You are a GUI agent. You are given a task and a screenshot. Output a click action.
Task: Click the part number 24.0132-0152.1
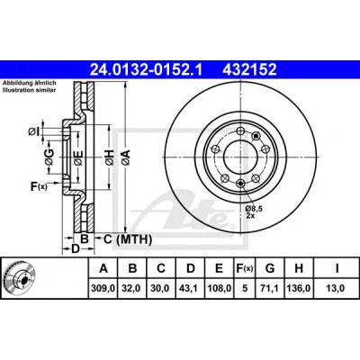[146, 69]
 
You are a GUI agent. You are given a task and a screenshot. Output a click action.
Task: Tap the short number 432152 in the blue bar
[249, 69]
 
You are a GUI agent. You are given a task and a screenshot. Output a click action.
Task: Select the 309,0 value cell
[103, 289]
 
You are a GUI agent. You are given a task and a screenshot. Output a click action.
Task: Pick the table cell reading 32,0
[132, 289]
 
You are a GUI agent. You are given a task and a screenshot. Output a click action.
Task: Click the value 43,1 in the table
[191, 289]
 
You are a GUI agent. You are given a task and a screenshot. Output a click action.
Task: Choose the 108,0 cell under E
[220, 289]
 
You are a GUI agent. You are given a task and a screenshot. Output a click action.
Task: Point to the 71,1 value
[270, 289]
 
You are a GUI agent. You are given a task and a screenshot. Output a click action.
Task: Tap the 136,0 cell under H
[299, 289]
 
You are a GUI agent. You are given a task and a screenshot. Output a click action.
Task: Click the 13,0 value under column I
[337, 289]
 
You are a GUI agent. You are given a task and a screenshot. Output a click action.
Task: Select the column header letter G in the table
[270, 268]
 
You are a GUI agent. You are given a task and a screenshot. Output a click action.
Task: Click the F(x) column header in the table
[245, 268]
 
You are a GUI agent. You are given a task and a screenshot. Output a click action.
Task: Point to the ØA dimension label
[125, 157]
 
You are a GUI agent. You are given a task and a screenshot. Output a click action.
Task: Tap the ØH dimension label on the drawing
[110, 157]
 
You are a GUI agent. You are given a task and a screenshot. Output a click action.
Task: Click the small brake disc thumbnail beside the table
[19, 277]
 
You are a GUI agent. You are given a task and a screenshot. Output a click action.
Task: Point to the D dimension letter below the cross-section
[75, 248]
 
